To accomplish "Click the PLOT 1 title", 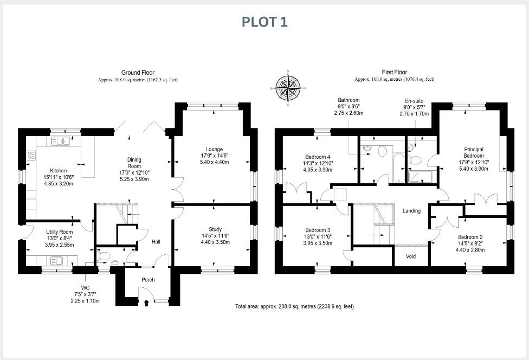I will click(264, 22).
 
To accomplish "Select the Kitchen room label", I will click(58, 170).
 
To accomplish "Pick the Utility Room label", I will click(58, 231).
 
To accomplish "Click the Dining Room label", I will click(134, 163).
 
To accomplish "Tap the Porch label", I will click(148, 280).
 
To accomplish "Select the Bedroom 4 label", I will click(318, 156).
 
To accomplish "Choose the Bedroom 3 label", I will click(318, 230).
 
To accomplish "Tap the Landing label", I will click(411, 211).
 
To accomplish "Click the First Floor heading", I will click(394, 72).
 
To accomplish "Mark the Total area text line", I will click(294, 306).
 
